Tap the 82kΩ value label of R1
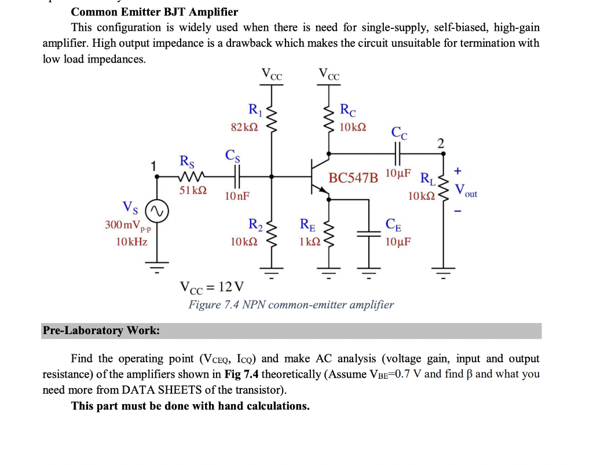[243, 127]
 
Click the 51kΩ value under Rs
[193, 191]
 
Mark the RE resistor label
[308, 225]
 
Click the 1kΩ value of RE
[308, 241]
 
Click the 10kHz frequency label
[131, 241]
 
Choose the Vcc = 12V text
[212, 287]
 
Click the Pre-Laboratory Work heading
[101, 331]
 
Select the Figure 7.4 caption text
[291, 305]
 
